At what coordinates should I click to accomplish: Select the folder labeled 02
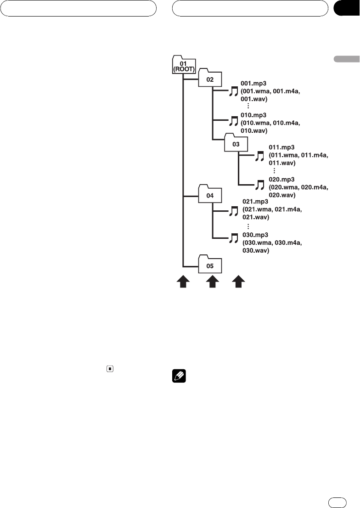(x=210, y=79)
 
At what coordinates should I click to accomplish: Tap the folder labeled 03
(x=236, y=143)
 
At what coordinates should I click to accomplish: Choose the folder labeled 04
(x=210, y=195)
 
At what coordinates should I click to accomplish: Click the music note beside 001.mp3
(x=234, y=92)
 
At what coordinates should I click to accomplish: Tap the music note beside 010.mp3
(x=234, y=121)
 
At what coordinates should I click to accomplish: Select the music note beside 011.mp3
(x=260, y=156)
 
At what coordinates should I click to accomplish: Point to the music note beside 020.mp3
(x=260, y=185)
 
